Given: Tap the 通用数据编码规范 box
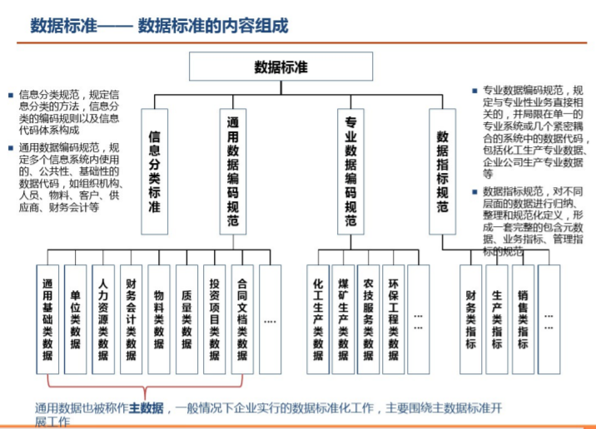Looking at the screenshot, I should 234,172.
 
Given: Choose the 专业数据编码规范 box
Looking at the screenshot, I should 350,172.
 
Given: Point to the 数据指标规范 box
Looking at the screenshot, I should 442,172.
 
